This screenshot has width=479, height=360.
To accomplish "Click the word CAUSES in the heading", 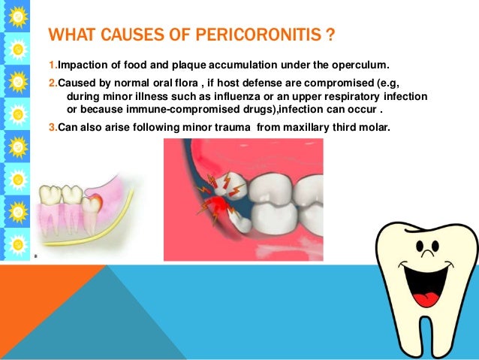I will tap(131, 35).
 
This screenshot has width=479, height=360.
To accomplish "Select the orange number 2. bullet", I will tap(52, 83).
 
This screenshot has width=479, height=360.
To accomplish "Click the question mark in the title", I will tap(330, 35).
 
